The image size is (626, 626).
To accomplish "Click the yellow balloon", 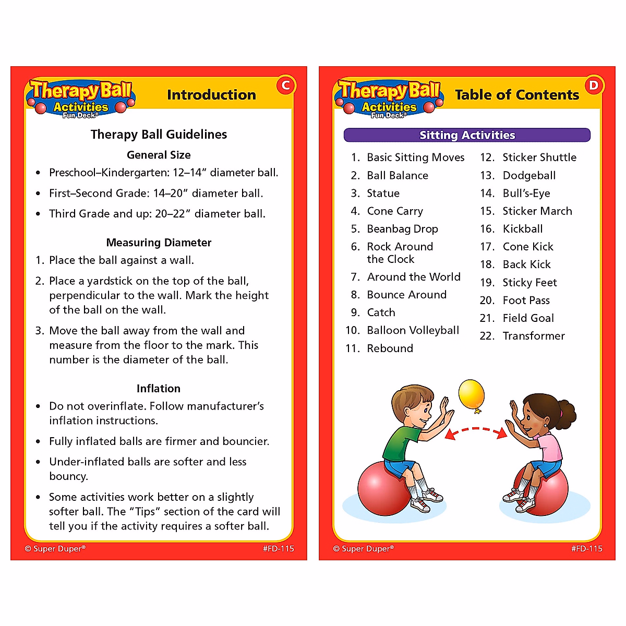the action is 472,394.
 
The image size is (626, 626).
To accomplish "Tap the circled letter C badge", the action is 285,86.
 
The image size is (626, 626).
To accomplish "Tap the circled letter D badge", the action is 594,86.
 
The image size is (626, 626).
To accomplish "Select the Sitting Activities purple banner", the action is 467,135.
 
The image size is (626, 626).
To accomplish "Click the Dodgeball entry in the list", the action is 528,175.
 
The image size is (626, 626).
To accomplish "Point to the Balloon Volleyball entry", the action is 413,330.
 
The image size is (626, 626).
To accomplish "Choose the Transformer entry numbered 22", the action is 533,336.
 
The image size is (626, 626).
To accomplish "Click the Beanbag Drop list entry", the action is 402,228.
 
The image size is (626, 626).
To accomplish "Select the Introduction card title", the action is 211,95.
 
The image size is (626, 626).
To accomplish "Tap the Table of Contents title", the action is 516,95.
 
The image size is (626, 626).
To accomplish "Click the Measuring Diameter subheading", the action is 159,243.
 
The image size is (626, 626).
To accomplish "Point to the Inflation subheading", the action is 159,389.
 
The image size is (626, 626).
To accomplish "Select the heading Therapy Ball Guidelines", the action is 159,135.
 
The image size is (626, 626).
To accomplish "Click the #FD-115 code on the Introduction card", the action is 279,549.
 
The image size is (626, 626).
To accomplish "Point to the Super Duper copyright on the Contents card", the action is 364,549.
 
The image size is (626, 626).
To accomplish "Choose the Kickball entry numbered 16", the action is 522,229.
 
